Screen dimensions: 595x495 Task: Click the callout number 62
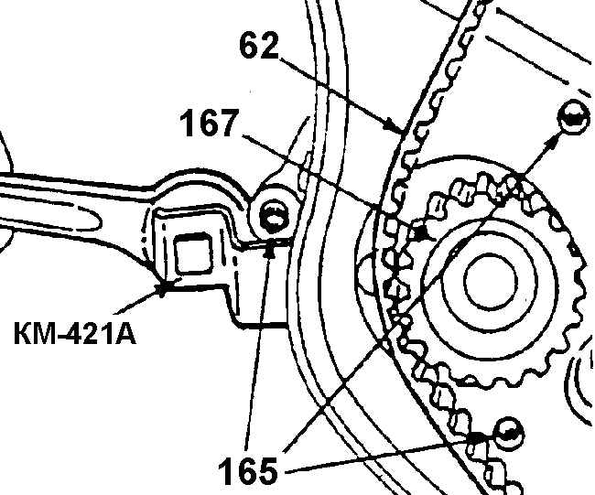pos(260,46)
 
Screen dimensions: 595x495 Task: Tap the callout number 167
pos(210,123)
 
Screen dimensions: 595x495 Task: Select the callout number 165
pos(248,470)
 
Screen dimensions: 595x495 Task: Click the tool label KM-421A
pos(75,333)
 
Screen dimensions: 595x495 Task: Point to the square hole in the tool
pos(192,253)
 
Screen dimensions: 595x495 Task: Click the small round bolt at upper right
pos(573,117)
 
